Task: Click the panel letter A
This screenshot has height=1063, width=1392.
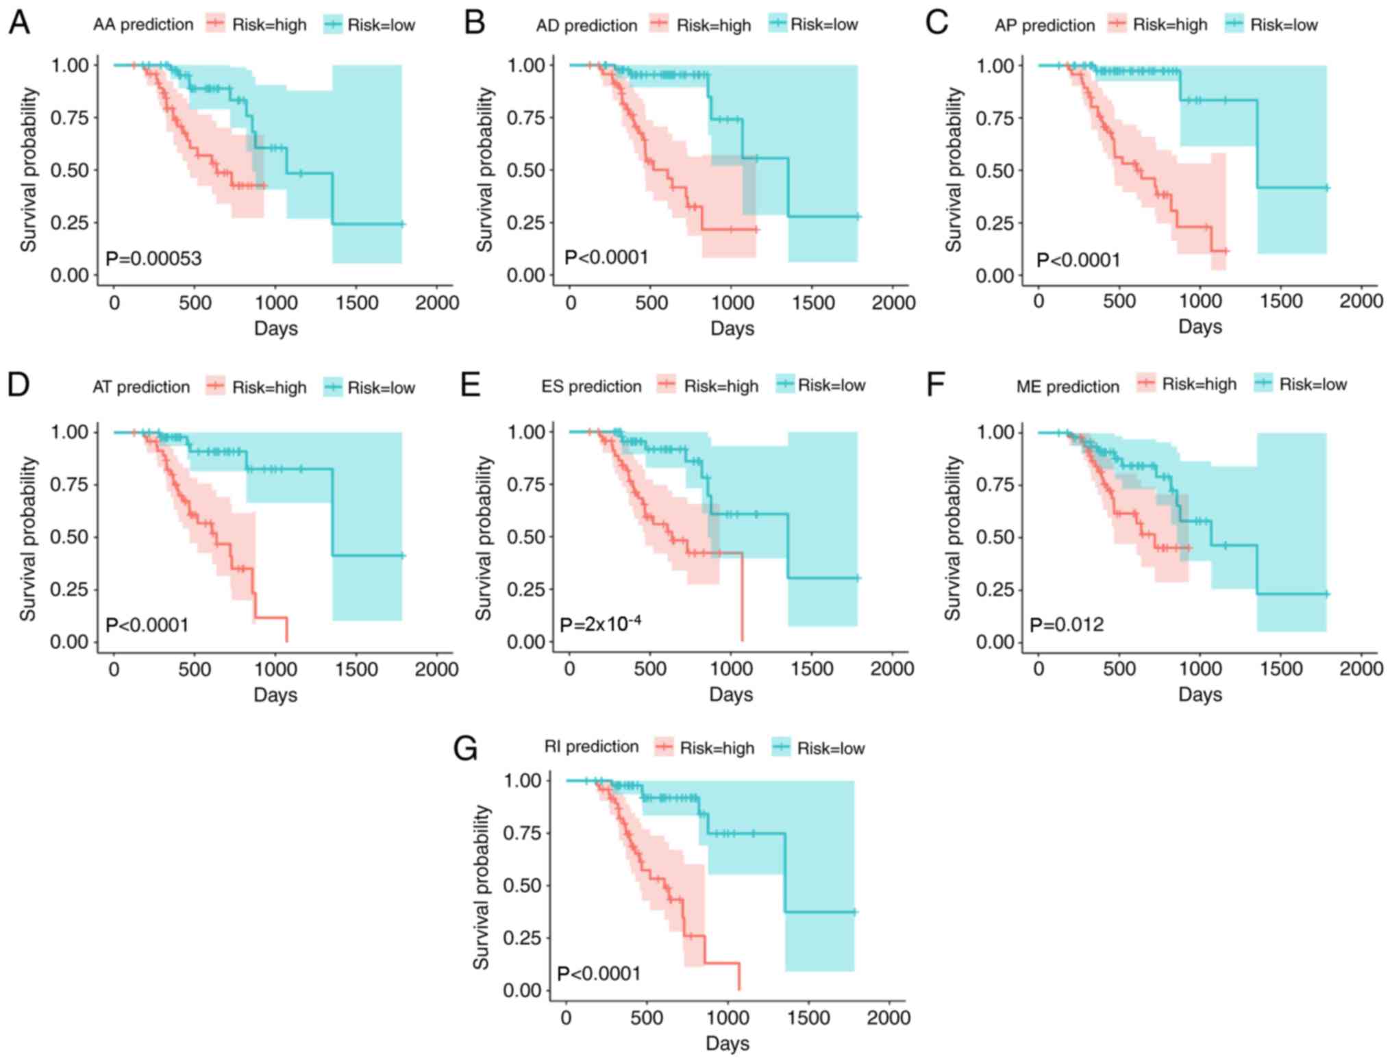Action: (19, 23)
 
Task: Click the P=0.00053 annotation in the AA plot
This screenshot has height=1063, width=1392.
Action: (153, 258)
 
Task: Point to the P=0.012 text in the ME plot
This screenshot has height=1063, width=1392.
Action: (1067, 625)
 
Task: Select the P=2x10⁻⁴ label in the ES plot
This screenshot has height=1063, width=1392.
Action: (600, 624)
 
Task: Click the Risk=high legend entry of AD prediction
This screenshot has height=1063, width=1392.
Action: (701, 25)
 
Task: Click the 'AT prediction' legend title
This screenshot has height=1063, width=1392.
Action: (141, 387)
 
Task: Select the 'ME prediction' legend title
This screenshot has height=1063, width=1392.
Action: (1067, 387)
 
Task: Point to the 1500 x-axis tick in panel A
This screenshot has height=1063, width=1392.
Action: (357, 303)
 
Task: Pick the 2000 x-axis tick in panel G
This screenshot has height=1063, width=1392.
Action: (888, 1018)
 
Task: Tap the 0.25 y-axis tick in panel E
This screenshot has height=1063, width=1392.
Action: (525, 590)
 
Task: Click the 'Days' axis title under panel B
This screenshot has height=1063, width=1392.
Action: (732, 328)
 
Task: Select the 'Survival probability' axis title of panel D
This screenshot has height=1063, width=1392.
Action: (27, 538)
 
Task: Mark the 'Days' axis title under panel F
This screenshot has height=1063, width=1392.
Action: (1200, 695)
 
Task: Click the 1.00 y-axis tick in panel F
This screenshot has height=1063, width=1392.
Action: (995, 432)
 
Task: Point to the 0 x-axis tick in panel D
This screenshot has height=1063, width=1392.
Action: (114, 669)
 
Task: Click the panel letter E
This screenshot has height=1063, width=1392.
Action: (471, 385)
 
